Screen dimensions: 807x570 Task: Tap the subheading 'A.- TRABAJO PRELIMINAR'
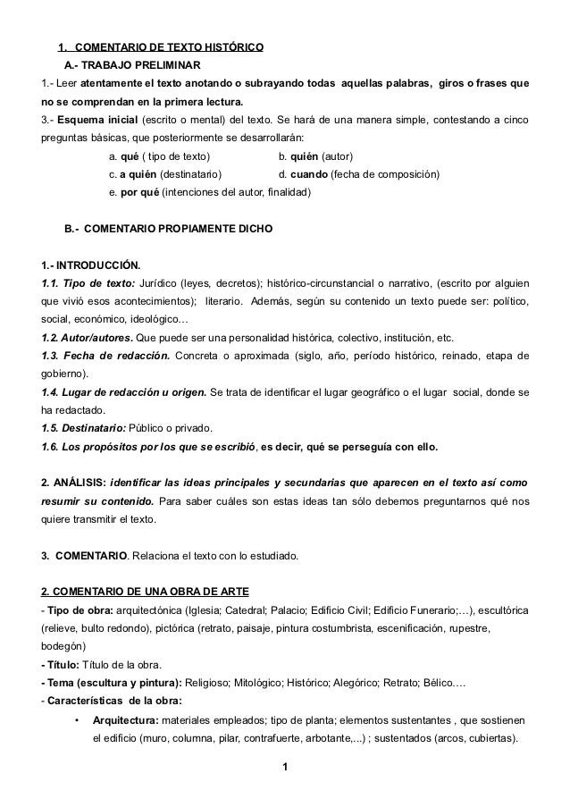132,66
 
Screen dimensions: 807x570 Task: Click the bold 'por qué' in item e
138,191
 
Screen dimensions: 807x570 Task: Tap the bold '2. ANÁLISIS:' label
74,483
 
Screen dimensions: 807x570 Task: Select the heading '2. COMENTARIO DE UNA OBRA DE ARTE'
138,592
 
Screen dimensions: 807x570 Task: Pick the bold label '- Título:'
61,664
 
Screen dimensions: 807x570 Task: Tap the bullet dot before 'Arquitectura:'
78,720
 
